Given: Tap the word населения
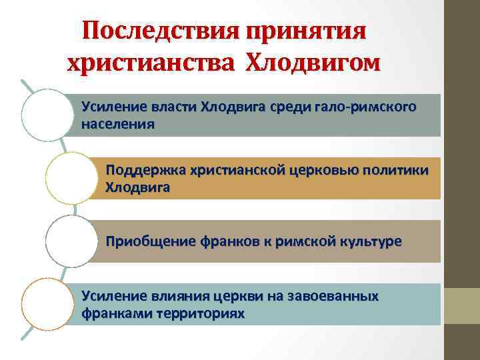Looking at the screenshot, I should click(x=117, y=123).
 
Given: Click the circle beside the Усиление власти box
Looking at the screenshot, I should click(x=46, y=114).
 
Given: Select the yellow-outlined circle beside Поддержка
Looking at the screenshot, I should click(x=71, y=177).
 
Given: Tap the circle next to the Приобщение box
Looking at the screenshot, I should click(x=72, y=241).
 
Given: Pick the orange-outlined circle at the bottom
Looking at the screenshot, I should click(x=46, y=305).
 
